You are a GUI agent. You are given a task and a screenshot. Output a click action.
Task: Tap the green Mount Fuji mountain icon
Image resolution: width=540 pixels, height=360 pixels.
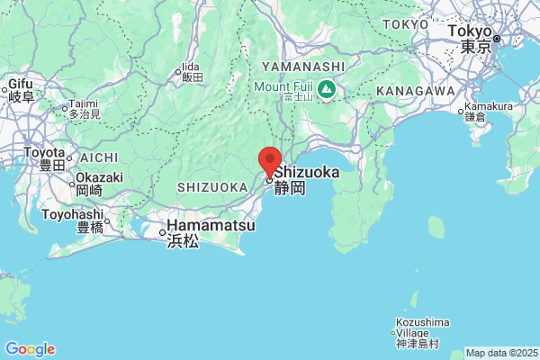click(325, 88)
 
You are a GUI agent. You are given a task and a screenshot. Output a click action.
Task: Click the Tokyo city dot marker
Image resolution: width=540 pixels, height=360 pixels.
click(496, 38)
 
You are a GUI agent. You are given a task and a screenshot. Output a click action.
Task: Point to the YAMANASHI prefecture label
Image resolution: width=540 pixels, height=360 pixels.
click(303, 67)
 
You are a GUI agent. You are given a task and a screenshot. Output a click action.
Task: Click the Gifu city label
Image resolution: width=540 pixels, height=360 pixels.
click(21, 86)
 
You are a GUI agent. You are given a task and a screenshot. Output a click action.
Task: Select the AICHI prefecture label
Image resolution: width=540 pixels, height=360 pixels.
click(99, 157)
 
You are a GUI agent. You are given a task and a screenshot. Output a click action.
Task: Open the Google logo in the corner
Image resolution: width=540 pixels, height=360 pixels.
click(30, 349)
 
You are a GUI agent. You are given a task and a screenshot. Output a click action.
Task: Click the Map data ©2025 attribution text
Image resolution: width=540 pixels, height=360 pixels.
click(499, 353)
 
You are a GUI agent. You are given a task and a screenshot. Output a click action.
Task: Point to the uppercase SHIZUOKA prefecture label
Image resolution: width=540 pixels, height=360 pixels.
click(212, 186)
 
